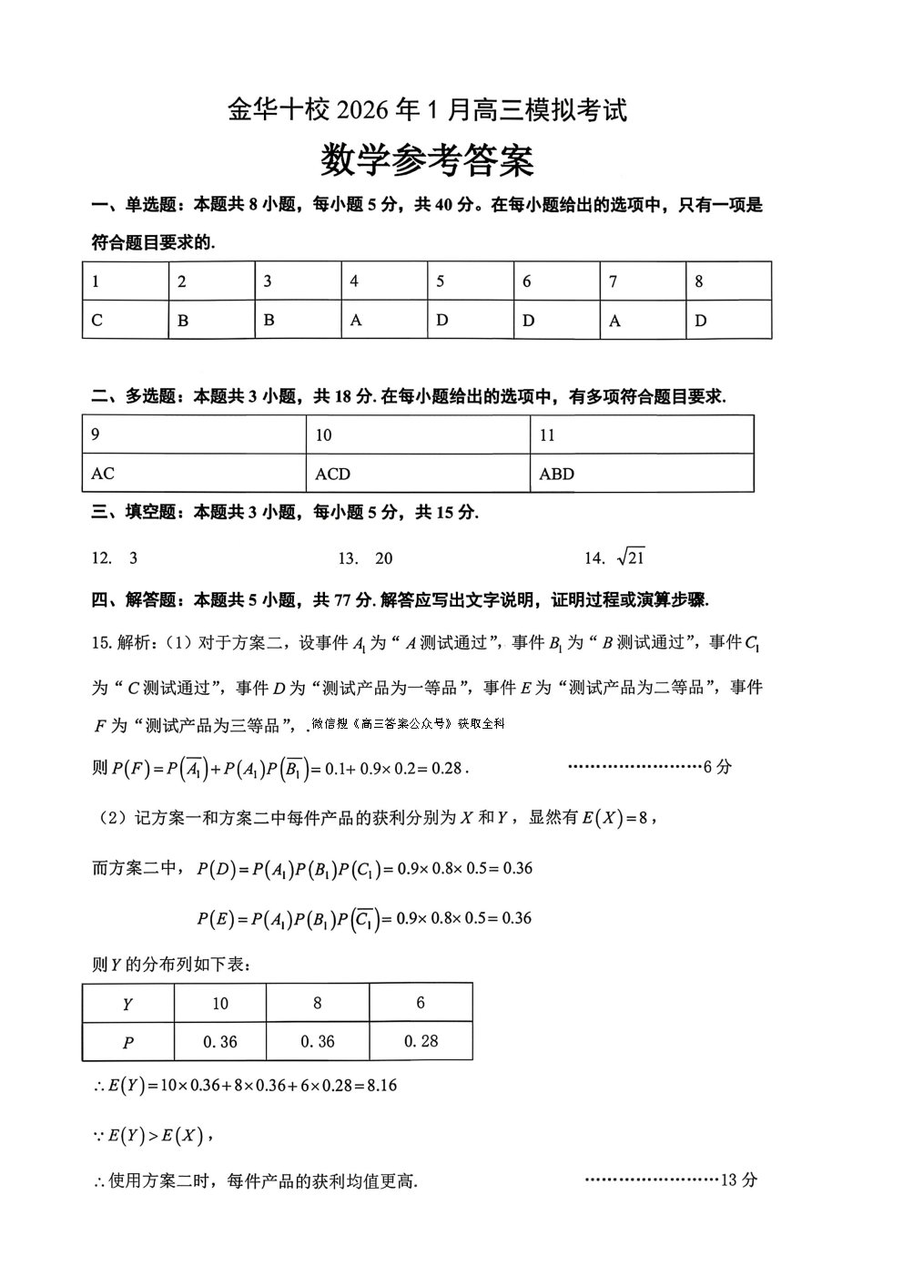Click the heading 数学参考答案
pos(427,161)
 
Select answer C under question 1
pos(97,321)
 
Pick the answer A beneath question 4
pos(356,321)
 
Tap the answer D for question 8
pos(701,321)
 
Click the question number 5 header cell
pos(441,281)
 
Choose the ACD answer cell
pos(332,474)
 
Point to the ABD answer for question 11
pos(556,474)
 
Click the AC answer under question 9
pos(103,474)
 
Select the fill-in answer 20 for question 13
pos(383,558)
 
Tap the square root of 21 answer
pos(631,557)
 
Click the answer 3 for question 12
pos(134,558)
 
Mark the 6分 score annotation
pos(717,767)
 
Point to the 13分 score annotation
pos(738,1180)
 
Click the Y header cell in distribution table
pos(127,1004)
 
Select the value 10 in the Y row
pos(220,1004)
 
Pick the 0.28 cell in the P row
pos(421,1041)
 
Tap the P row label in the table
pos(127,1043)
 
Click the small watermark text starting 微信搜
pos(407,724)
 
